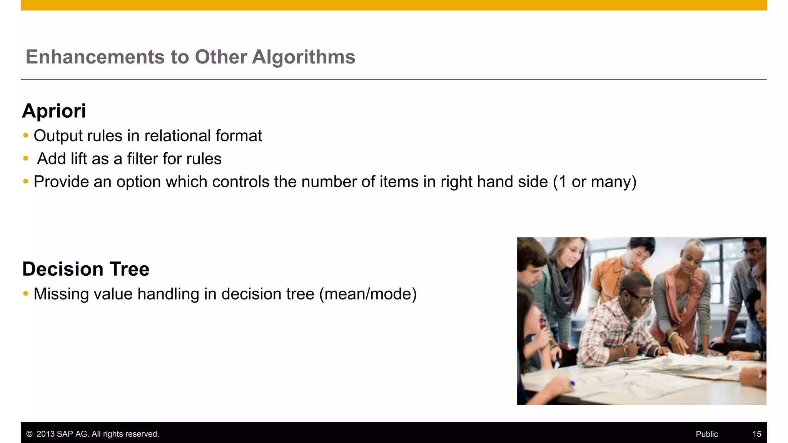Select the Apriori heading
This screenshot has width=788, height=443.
pyautogui.click(x=54, y=111)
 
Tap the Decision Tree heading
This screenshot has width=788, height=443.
pyautogui.click(x=86, y=269)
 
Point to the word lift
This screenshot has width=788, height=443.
pyautogui.click(x=78, y=159)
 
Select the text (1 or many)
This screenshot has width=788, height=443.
pyautogui.click(x=594, y=182)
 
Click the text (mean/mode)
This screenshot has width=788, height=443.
pyautogui.click(x=368, y=294)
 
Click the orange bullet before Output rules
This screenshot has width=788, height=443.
pyautogui.click(x=26, y=135)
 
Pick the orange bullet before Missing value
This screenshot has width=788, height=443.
pyautogui.click(x=26, y=294)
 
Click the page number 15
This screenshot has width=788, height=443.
pyautogui.click(x=756, y=434)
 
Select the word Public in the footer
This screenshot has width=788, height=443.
pyautogui.click(x=706, y=434)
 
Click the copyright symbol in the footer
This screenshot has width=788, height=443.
pyautogui.click(x=29, y=434)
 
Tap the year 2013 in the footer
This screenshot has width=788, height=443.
pyautogui.click(x=45, y=434)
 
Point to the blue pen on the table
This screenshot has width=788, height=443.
pyautogui.click(x=572, y=383)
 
